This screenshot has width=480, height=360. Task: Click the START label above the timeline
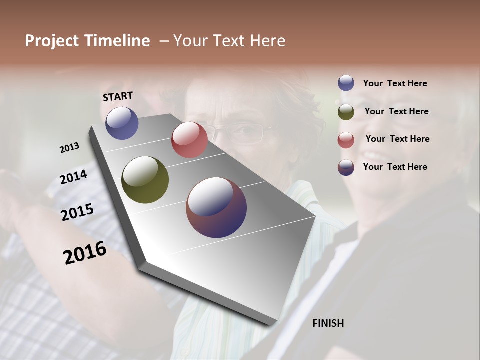tap(118, 96)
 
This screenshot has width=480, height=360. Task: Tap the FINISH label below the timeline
tap(328, 323)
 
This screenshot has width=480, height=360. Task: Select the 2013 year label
tap(69, 148)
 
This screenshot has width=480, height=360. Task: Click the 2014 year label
tap(73, 177)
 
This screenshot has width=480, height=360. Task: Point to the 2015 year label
tap(77, 212)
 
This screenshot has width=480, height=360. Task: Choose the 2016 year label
tap(84, 253)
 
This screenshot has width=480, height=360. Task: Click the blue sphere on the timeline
tap(122, 123)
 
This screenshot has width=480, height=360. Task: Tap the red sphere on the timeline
tap(189, 140)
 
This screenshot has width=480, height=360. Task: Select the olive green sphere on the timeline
tap(145, 180)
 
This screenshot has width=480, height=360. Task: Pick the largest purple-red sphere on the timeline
tap(216, 207)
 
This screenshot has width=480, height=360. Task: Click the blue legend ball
tap(346, 83)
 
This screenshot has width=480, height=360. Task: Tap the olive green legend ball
tap(346, 112)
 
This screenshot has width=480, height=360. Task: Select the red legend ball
tap(346, 140)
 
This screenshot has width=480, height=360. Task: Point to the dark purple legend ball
tap(346, 167)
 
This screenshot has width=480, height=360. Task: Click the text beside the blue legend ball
tap(395, 83)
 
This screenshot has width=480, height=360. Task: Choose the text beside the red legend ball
tap(397, 139)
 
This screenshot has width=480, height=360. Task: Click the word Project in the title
tap(52, 41)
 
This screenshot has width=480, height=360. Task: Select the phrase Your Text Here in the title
tap(229, 41)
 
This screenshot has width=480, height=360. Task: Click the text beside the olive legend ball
tap(396, 111)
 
